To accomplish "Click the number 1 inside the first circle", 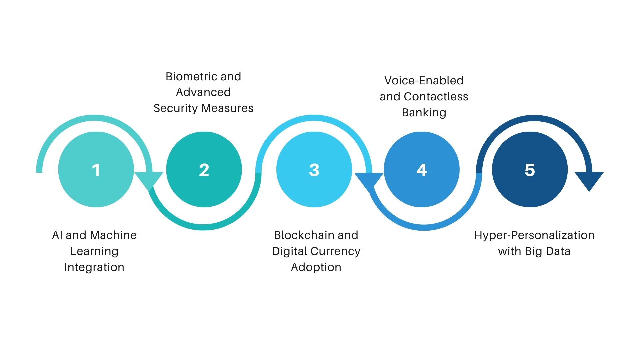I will (x=96, y=170).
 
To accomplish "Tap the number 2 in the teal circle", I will (x=204, y=170).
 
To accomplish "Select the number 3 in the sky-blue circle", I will (x=314, y=170).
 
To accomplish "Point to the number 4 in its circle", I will (x=422, y=170).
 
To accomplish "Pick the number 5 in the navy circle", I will (x=530, y=170).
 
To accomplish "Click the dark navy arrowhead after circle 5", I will (x=589, y=180).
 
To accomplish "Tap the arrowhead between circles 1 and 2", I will (x=149, y=180).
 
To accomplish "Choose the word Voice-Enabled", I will (x=424, y=81).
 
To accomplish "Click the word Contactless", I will (x=436, y=97).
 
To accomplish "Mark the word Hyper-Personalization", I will (x=534, y=235).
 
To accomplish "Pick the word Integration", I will (x=94, y=267).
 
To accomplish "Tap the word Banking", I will (x=424, y=113).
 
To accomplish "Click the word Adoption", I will (x=316, y=267).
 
